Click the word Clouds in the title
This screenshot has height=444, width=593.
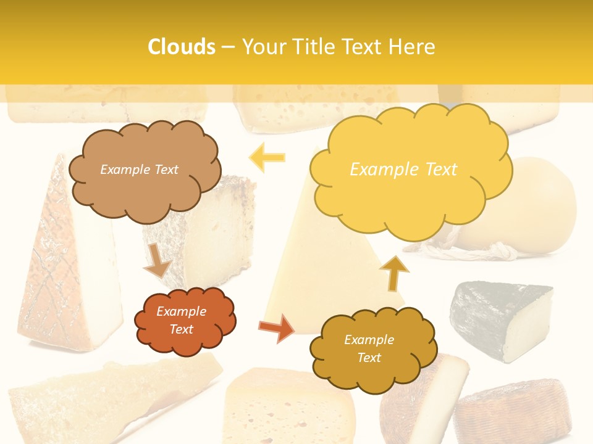(x=182, y=47)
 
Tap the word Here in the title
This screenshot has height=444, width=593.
(x=411, y=47)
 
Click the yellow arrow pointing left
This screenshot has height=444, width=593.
(x=267, y=158)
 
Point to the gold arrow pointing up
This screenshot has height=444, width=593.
(x=394, y=272)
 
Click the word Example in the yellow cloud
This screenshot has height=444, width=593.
(x=378, y=170)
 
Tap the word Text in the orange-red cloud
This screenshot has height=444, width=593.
(x=182, y=329)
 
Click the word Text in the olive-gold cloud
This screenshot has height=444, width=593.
(x=369, y=358)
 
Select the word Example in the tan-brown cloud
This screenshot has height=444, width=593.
(x=124, y=170)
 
